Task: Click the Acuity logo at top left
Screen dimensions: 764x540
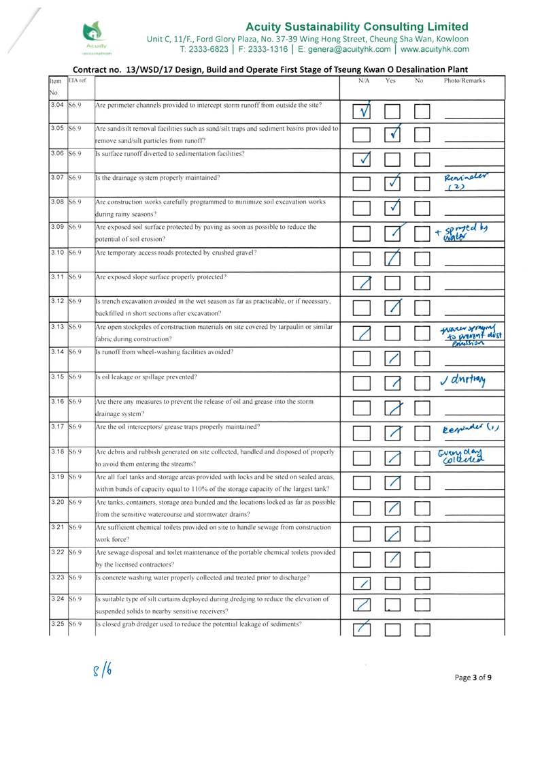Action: pyautogui.click(x=92, y=37)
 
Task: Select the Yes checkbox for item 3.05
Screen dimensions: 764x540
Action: pyautogui.click(x=394, y=136)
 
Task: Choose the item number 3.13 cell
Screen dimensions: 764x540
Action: pyautogui.click(x=57, y=327)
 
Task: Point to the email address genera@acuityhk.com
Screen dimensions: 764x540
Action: pyautogui.click(x=343, y=49)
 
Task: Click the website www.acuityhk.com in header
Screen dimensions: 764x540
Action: pyautogui.click(x=435, y=49)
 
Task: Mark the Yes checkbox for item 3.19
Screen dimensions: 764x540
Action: pyautogui.click(x=394, y=484)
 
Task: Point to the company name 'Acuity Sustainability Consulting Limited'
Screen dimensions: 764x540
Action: pyautogui.click(x=357, y=27)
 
